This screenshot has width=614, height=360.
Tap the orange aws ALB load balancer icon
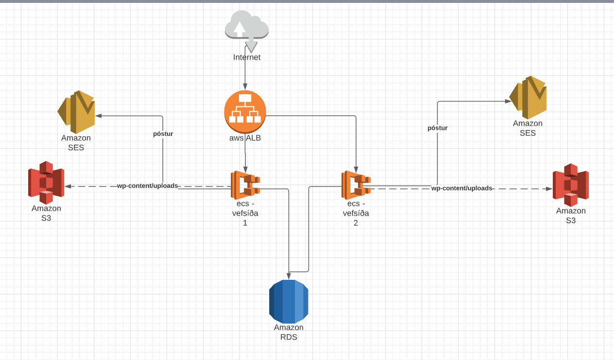tap(245, 111)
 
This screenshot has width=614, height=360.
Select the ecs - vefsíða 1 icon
tap(245, 185)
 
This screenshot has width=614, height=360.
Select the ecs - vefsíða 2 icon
tap(356, 185)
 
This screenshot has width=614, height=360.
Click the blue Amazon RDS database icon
tap(289, 301)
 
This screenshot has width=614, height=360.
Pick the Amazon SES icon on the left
tap(76, 112)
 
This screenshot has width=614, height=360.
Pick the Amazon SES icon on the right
tap(528, 97)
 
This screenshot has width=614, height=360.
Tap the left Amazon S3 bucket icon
tap(46, 182)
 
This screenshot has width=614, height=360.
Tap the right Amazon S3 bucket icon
tap(571, 185)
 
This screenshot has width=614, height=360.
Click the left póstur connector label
tap(163, 134)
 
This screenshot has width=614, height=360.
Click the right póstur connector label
tap(437, 128)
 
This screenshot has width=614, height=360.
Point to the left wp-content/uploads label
tap(147, 186)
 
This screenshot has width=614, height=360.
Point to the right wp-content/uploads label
tap(461, 188)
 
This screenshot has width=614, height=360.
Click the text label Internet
tap(247, 57)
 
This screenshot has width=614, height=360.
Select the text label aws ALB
tap(245, 138)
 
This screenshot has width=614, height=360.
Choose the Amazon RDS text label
tap(289, 332)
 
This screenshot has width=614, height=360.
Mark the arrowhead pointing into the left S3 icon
tap(68, 186)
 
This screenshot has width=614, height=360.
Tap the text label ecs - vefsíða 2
tap(356, 213)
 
